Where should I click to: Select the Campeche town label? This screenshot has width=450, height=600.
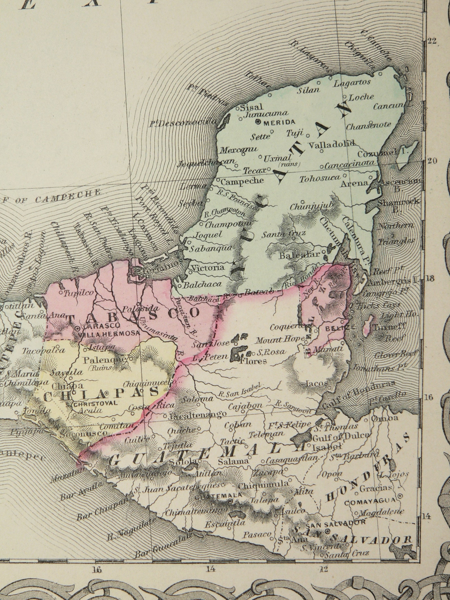pos(242,181)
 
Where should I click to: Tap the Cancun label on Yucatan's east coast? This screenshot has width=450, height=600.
pos(388,107)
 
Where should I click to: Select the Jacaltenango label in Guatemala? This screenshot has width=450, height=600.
pos(198,416)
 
